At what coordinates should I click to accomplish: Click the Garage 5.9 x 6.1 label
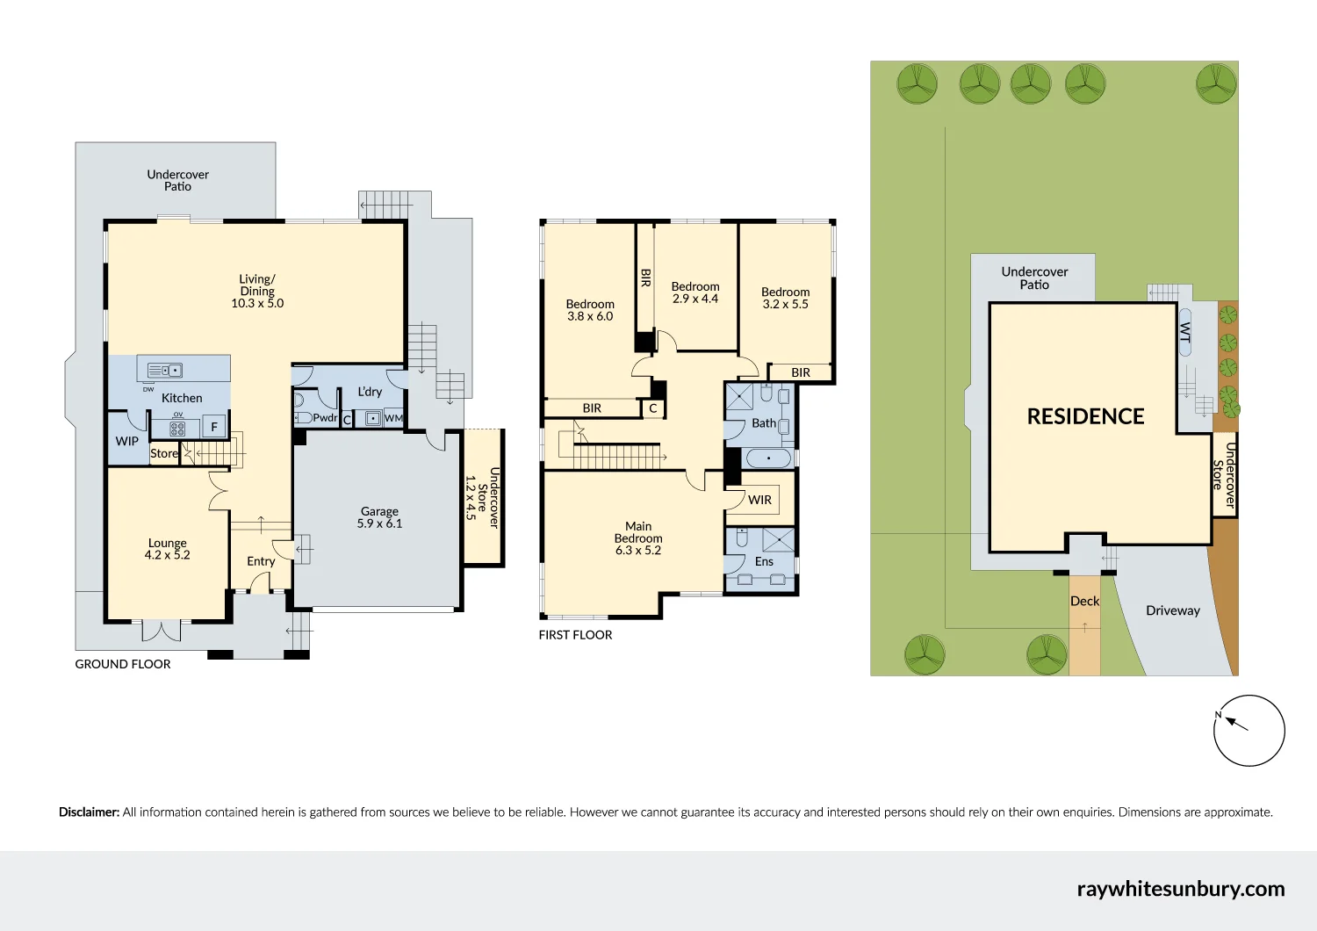379,517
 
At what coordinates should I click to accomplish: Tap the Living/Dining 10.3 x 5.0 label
257,292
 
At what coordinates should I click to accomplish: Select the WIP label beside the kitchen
126,441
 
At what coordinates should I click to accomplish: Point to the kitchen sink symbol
164,371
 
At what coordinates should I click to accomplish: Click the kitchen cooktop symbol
177,429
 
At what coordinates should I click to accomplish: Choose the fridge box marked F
213,428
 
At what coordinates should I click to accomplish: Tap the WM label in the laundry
393,418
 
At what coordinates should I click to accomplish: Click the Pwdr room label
325,418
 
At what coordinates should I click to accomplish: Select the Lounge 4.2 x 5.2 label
167,549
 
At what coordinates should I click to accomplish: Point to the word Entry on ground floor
261,561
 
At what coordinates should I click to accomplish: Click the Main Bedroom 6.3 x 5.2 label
638,538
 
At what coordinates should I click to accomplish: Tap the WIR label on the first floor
759,500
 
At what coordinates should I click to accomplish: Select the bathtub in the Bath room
768,458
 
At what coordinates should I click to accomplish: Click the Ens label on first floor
764,561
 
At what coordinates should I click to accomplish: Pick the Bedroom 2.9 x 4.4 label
695,292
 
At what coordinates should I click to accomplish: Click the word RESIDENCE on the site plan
1085,416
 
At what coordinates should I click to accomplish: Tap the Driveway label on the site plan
1172,610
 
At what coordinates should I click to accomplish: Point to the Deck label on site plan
1084,601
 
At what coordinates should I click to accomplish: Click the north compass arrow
1236,723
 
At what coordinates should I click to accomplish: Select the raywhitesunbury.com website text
1180,889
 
